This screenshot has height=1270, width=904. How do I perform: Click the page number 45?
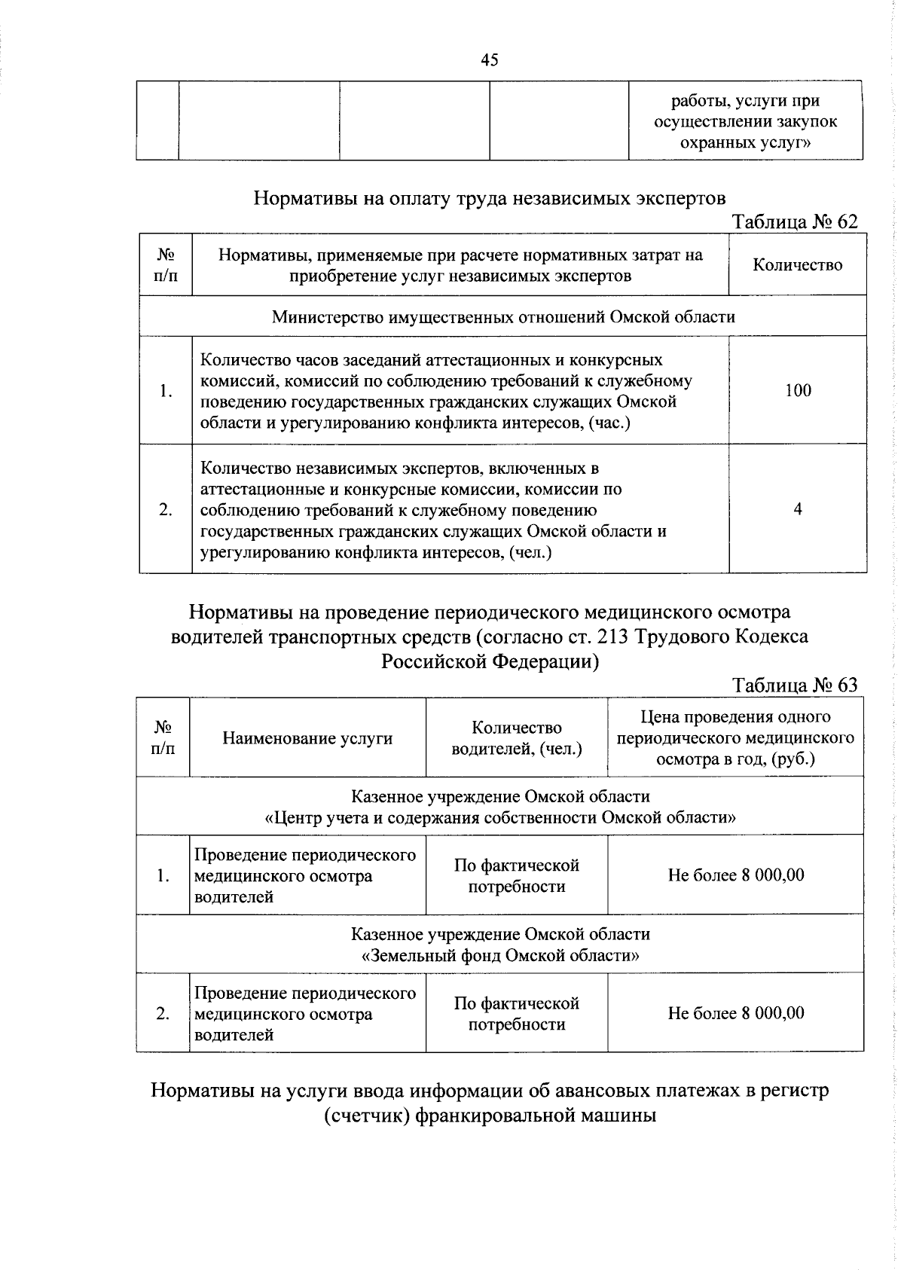[x=489, y=61]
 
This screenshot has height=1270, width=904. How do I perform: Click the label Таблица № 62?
[x=795, y=221]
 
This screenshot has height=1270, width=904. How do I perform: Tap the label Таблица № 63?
[x=795, y=685]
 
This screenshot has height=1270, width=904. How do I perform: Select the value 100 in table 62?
[x=797, y=390]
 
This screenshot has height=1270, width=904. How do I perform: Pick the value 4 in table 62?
[x=797, y=509]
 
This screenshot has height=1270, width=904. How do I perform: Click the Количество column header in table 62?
[x=797, y=264]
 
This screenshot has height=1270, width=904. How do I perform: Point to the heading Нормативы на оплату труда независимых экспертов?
[x=490, y=198]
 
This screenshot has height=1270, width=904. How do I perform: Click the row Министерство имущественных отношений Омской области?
[x=502, y=316]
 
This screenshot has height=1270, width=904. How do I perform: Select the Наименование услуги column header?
[x=307, y=738]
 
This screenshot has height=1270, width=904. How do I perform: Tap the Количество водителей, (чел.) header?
[x=516, y=738]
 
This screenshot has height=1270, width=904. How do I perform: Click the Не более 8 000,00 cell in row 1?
[x=735, y=875]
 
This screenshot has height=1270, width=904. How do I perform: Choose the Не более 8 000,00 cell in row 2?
[x=735, y=1013]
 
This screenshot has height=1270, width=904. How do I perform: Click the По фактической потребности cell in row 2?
[x=516, y=1014]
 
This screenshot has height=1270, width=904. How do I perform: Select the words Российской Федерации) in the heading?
[x=490, y=661]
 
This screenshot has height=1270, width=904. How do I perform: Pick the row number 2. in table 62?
[x=165, y=509]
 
